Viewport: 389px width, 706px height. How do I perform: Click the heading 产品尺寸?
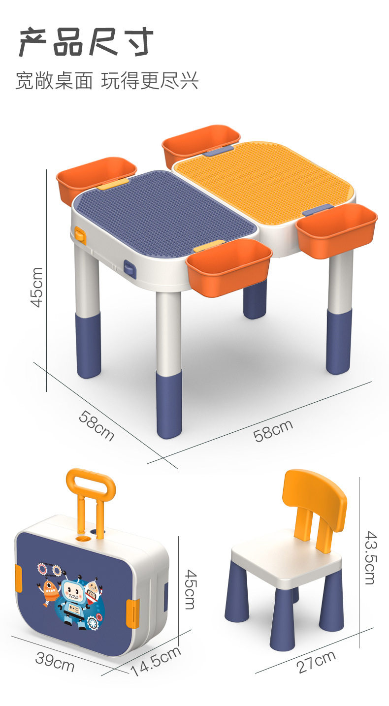point(86,42)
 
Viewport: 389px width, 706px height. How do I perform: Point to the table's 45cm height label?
point(36,287)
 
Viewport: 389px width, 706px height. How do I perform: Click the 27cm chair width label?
point(316,661)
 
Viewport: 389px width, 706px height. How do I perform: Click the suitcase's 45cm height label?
point(190,589)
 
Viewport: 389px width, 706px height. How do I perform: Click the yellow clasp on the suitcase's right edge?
point(133,613)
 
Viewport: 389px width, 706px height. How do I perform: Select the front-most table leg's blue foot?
point(169,404)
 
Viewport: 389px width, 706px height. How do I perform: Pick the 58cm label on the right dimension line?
point(273,430)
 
